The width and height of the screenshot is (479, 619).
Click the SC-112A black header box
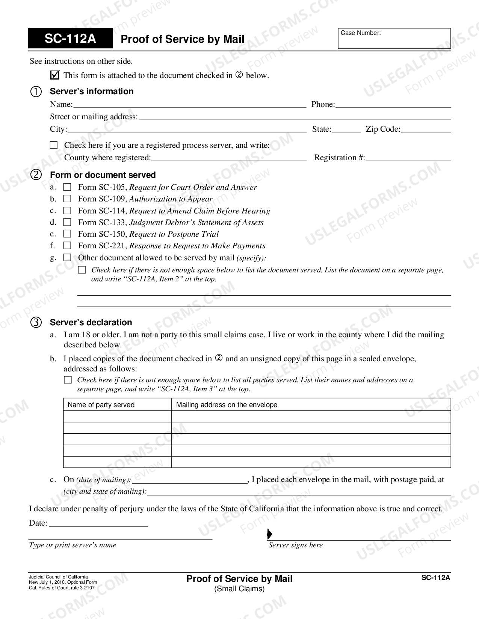(70, 39)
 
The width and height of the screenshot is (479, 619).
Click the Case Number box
(394, 39)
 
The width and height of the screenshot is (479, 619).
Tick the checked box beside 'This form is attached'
(54, 75)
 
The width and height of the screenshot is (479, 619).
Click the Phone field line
(393, 105)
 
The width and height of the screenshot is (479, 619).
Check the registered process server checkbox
(54, 145)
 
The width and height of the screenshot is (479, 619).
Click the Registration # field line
(408, 158)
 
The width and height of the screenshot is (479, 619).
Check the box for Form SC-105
(67, 187)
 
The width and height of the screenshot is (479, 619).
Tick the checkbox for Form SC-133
(67, 222)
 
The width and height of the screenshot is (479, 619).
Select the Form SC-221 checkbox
(67, 246)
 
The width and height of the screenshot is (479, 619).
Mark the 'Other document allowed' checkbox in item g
(67, 258)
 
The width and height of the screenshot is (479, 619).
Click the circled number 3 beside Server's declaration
(36, 322)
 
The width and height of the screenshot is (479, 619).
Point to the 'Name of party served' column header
(101, 405)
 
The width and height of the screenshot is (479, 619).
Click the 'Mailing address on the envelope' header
(227, 405)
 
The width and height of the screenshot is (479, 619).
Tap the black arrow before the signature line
(269, 534)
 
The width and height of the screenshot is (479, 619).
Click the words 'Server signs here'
(295, 545)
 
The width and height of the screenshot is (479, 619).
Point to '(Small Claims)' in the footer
(239, 589)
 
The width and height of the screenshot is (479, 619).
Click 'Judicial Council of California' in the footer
(58, 577)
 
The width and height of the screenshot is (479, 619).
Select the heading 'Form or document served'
(103, 175)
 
